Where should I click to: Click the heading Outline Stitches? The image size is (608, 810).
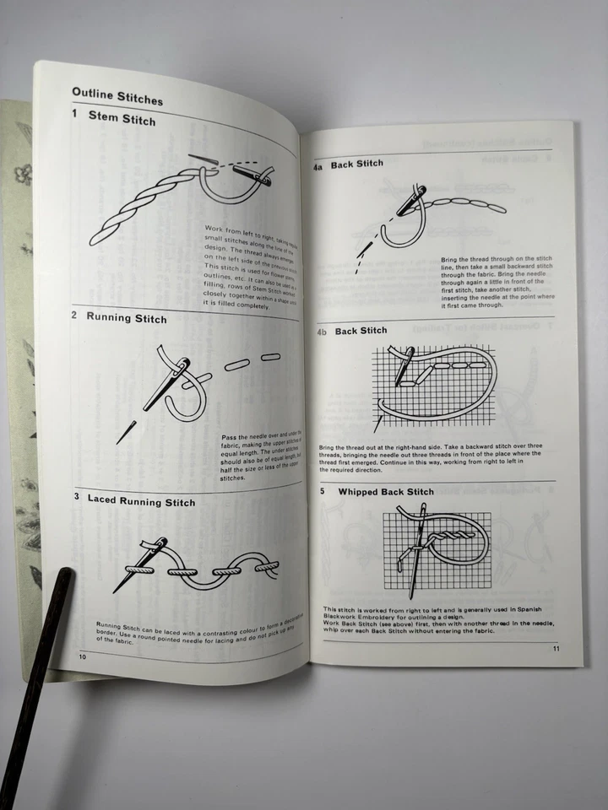tap(117, 95)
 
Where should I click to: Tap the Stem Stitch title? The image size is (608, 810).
tap(122, 118)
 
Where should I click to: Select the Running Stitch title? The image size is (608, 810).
tap(127, 318)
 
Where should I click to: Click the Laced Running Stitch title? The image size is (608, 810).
tap(140, 501)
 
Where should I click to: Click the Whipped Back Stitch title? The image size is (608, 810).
tap(385, 491)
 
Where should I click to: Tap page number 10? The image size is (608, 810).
tap(82, 656)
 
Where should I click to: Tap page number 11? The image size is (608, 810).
tap(556, 648)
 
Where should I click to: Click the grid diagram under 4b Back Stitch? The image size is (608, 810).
tap(432, 378)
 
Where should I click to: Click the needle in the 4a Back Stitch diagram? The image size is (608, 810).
tap(413, 202)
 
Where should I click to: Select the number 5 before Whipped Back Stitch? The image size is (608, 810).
tap(322, 491)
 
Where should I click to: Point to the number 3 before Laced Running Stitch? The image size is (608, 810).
tap(76, 498)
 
